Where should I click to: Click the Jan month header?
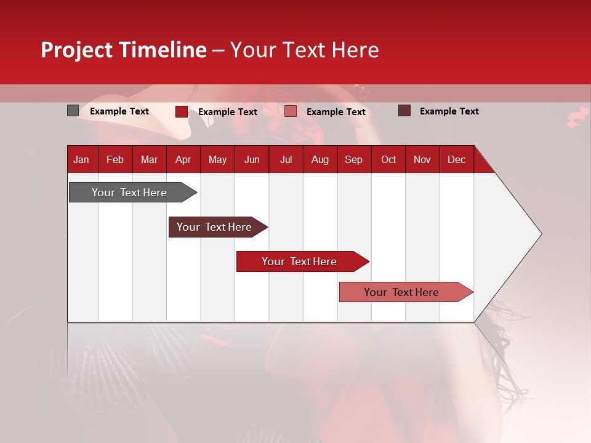81,159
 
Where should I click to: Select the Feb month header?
115,159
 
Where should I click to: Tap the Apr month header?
183,159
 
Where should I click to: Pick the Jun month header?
252,159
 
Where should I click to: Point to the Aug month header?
320,159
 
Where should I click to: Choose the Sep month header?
353,159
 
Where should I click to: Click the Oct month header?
388,159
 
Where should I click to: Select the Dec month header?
456,159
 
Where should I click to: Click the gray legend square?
73,111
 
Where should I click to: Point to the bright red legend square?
181,111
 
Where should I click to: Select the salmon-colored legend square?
291,111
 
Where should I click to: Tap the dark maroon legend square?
404,111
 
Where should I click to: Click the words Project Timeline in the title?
124,50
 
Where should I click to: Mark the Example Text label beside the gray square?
119,111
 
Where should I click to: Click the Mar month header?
149,159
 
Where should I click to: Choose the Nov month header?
422,159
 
